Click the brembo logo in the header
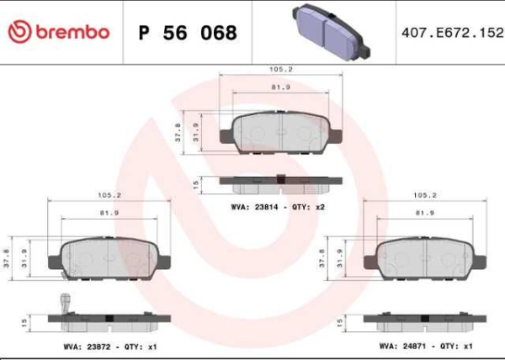point(58,32)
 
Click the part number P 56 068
point(188,33)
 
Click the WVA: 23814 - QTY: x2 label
point(279,206)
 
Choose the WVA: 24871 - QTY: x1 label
point(423,346)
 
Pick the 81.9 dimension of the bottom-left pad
point(109,213)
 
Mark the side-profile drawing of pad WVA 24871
point(426,320)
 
